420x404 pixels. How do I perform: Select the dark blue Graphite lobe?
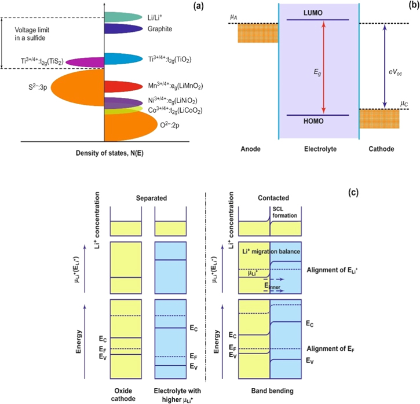tap(123, 28)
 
